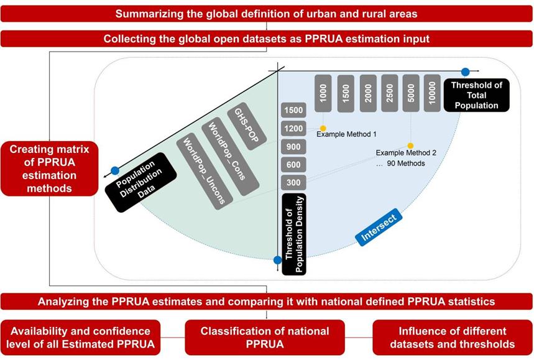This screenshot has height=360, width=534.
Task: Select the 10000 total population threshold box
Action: pos(433,93)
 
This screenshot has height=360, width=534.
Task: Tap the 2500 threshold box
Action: pos(390,93)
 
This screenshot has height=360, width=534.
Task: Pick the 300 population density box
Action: pos(292,183)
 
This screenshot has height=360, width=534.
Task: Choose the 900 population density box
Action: pos(292,147)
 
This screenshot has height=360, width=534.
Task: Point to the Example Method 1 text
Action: pos(346,134)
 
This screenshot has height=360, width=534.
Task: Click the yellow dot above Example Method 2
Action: pos(410,145)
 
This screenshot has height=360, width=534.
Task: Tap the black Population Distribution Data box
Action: pos(135,180)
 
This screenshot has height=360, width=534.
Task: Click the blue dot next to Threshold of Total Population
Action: pos(466,72)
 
